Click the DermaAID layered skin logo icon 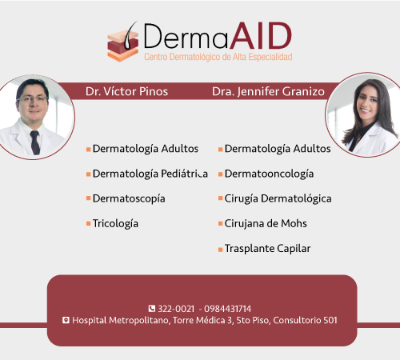[123, 42]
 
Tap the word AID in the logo [261, 36]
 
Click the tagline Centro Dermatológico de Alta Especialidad [218, 57]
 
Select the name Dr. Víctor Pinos [126, 91]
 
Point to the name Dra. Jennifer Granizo [268, 91]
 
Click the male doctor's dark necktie [35, 142]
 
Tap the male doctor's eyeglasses [33, 99]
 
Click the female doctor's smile [366, 110]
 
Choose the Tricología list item [115, 223]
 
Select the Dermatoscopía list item [129, 198]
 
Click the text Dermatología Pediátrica [150, 174]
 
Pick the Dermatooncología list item [269, 174]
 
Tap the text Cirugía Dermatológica [278, 198]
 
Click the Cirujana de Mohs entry [266, 223]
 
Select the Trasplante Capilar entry [267, 249]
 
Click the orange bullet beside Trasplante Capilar [220, 250]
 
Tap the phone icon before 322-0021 [152, 309]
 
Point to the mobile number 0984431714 [227, 309]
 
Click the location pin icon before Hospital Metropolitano [66, 320]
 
